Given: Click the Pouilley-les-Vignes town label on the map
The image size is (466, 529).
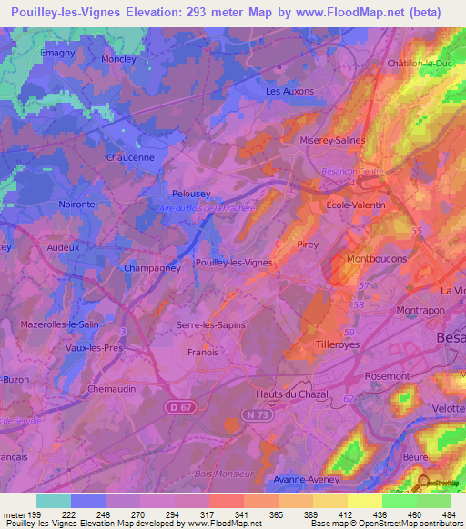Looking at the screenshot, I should [x=234, y=263].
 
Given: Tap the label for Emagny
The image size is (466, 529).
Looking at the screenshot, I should [x=57, y=53].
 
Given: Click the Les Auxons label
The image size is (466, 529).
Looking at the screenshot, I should [x=289, y=92].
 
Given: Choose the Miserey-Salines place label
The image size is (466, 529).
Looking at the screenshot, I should [x=332, y=141].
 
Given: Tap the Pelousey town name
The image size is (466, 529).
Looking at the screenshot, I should [x=192, y=194].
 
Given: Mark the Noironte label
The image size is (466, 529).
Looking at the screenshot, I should [x=76, y=205].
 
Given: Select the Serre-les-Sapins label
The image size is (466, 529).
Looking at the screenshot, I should [x=211, y=324].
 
